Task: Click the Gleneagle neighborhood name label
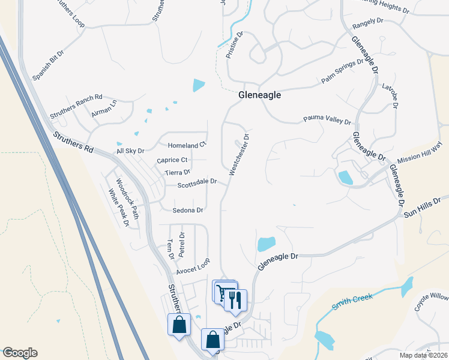tap(259, 95)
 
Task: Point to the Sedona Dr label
tap(188, 211)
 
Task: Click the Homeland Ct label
tap(187, 145)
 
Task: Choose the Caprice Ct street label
tap(172, 160)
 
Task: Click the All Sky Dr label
tap(130, 151)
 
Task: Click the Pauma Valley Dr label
tap(327, 120)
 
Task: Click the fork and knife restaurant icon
tap(235, 299)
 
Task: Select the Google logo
tap(20, 353)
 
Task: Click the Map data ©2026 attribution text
tap(423, 355)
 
